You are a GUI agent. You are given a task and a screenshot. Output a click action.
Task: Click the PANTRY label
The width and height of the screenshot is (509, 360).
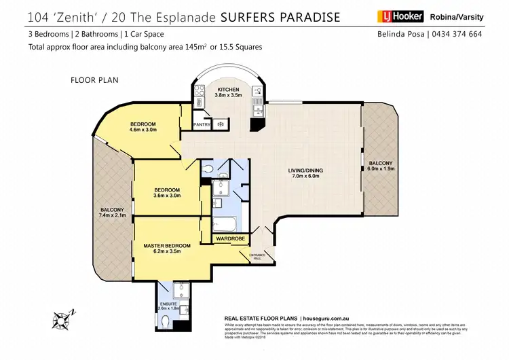[202, 124]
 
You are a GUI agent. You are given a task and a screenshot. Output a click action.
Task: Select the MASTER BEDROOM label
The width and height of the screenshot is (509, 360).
[167, 245]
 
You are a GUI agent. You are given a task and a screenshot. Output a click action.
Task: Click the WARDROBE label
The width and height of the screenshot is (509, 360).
[231, 239]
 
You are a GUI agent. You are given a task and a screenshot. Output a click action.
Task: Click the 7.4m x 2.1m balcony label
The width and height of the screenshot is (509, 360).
[113, 216]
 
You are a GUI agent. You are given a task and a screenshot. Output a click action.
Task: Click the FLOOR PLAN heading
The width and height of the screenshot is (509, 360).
[95, 80]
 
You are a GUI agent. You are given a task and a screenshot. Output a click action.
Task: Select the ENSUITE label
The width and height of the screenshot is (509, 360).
[168, 304]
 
